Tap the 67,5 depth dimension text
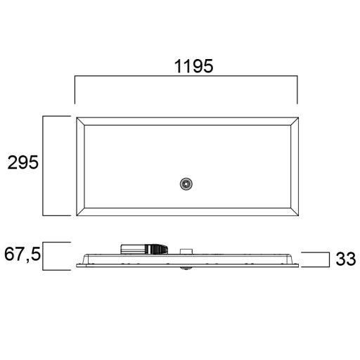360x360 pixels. point(22,254)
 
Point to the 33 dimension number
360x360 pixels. point(345,259)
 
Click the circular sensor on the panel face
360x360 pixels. point(186,184)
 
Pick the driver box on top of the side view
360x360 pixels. point(146,248)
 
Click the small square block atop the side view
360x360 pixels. point(187,250)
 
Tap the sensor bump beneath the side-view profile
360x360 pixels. point(187,268)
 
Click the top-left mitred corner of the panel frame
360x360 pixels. point(80,122)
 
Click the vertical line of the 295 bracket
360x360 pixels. point(44,166)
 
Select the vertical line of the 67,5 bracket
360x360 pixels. point(44,255)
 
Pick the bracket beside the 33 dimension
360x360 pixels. point(330,259)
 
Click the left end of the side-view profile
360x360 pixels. point(76,264)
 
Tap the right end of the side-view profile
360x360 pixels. point(297,264)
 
